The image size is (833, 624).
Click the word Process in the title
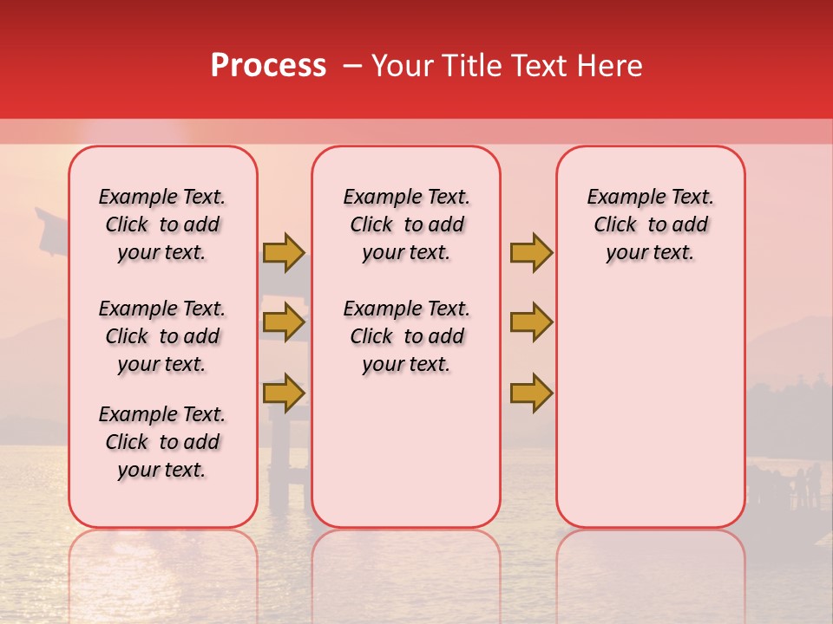tap(267, 66)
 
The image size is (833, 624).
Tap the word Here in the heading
tap(610, 66)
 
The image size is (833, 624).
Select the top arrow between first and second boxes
tap(284, 252)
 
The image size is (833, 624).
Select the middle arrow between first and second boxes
tap(284, 322)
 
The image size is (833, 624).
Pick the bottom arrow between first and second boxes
tap(284, 393)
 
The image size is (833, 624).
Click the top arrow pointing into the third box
tap(531, 252)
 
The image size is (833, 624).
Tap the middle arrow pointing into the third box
tap(531, 322)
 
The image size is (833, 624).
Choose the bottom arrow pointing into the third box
tap(531, 393)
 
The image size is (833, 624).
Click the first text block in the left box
tap(162, 224)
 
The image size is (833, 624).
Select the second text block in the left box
tap(162, 336)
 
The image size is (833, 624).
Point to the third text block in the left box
tap(162, 442)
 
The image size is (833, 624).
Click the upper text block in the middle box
tap(406, 224)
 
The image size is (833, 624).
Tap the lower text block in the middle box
tap(406, 336)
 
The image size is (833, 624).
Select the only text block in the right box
tap(650, 224)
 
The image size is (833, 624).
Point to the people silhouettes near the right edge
tap(803, 485)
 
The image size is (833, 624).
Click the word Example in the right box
tap(618, 198)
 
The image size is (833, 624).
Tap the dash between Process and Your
tap(352, 66)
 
